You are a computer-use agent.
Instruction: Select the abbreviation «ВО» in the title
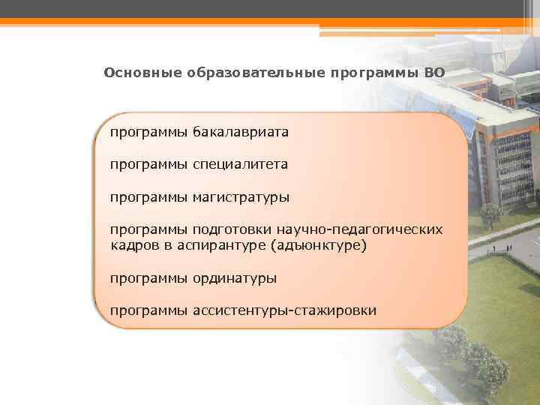tap(433, 73)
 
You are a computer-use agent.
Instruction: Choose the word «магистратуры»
tap(241, 197)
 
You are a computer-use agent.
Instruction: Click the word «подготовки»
tap(232, 229)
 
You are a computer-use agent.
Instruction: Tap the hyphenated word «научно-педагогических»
tap(359, 229)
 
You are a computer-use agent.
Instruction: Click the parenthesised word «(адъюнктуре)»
tap(319, 245)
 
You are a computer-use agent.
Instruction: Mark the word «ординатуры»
tap(234, 278)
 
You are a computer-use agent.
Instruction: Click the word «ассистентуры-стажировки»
tap(284, 310)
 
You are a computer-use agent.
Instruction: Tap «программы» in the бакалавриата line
tap(148, 132)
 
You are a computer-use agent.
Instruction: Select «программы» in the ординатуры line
tap(148, 278)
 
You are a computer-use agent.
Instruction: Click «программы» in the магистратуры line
tap(148, 197)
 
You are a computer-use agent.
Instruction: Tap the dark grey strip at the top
tap(270, 7)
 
